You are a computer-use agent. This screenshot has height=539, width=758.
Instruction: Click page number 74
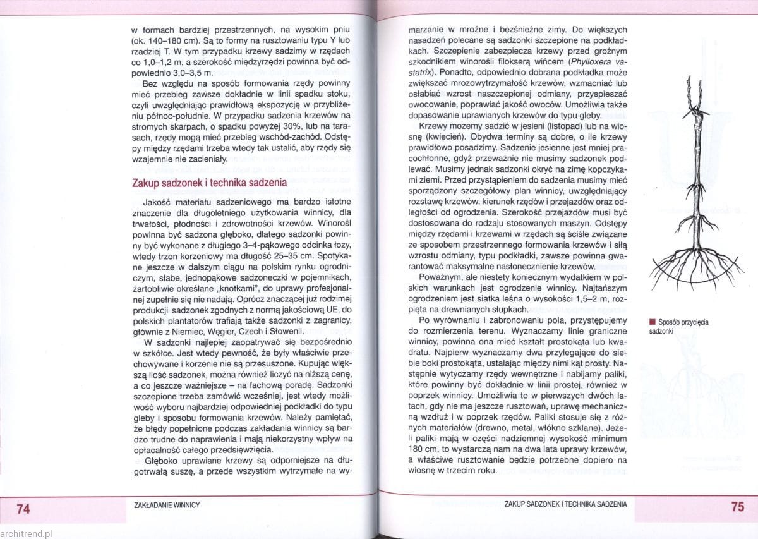tap(23, 509)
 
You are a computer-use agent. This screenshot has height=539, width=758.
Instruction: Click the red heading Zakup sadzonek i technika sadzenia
tap(209, 183)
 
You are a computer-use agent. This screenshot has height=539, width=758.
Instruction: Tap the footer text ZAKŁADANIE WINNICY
tap(167, 506)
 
